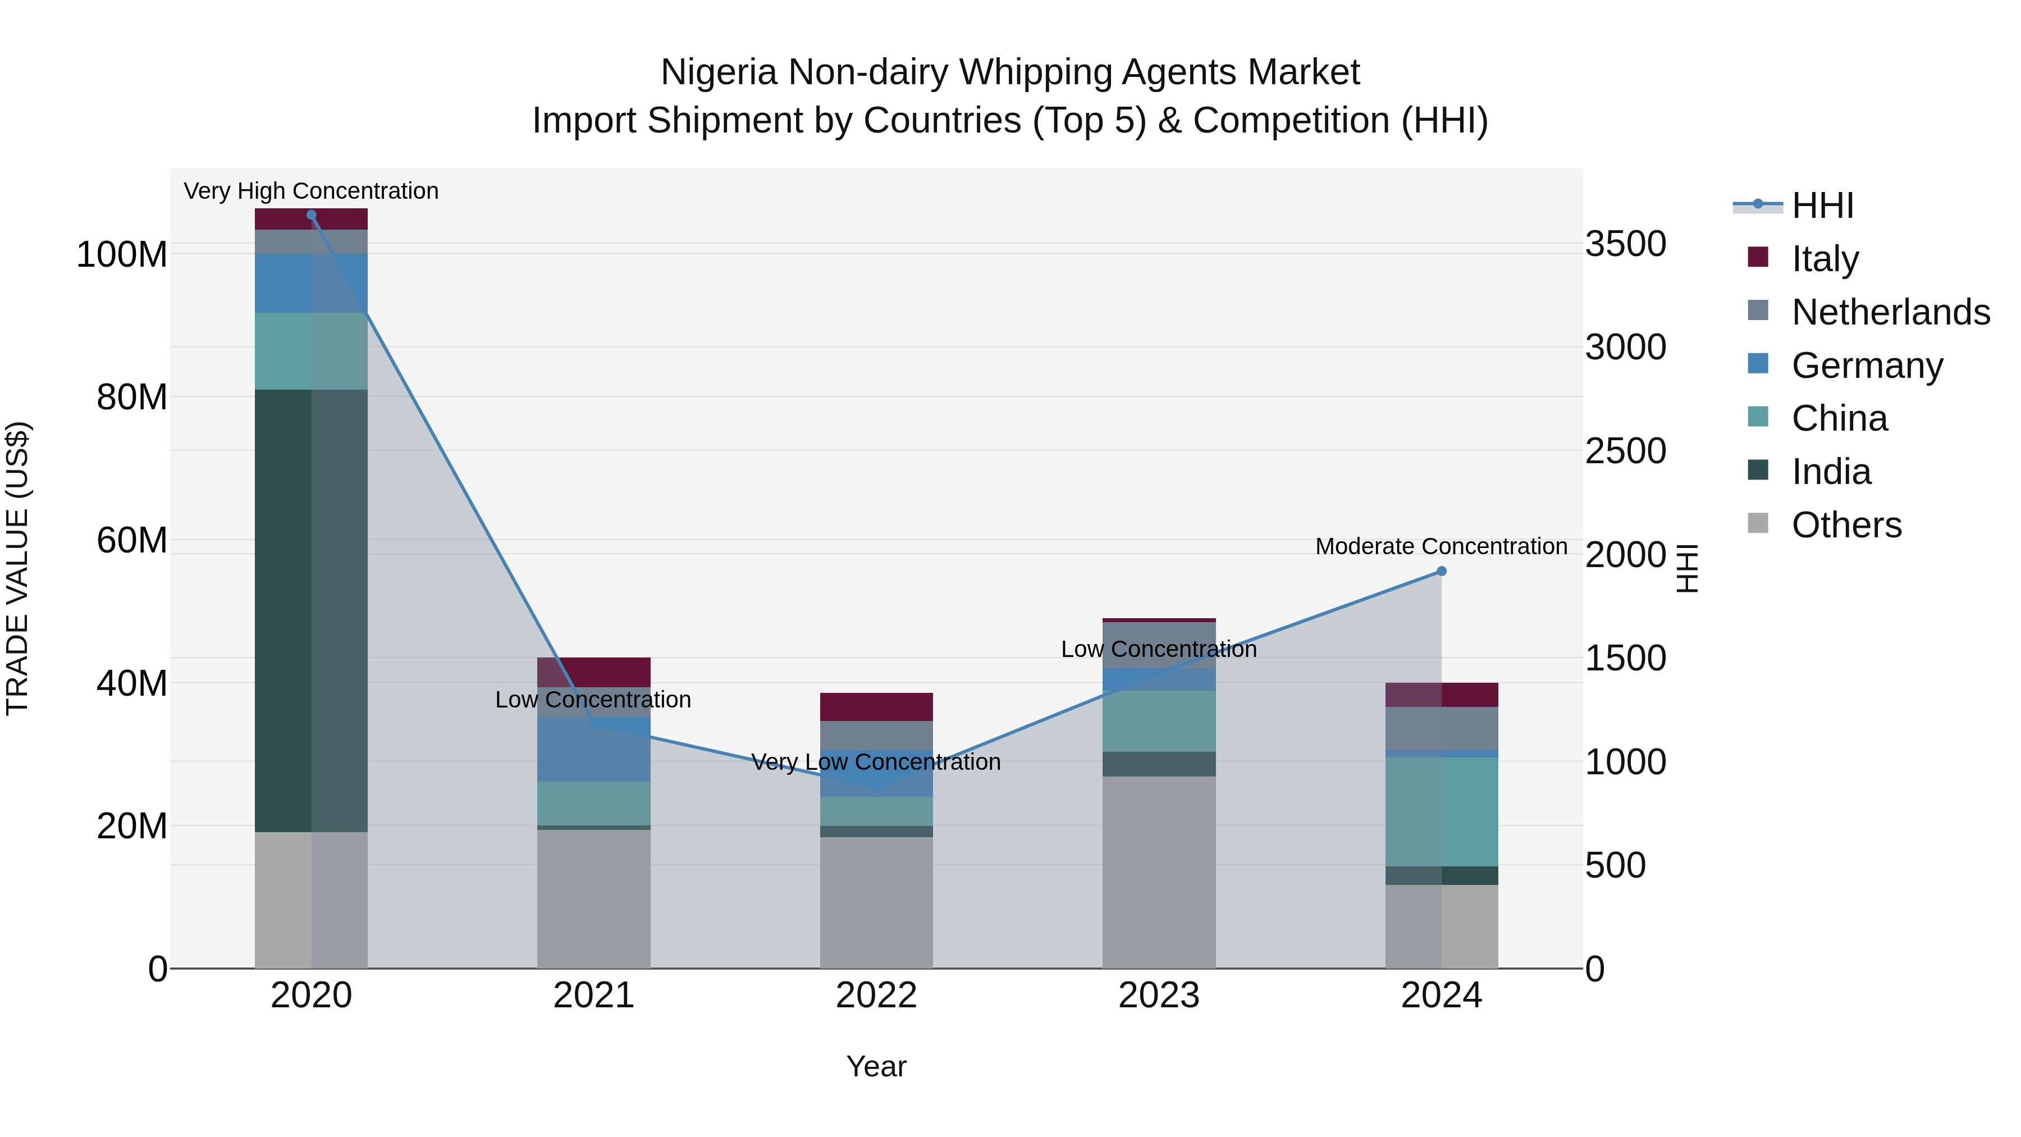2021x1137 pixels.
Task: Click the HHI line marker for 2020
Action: coord(312,215)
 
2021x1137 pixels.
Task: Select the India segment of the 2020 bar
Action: coord(312,610)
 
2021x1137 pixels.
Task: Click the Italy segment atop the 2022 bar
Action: coord(876,707)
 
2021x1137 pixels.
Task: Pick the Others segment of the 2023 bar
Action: coord(1159,873)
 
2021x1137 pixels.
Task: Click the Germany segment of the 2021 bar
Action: coord(594,750)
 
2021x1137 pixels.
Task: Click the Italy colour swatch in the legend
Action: coord(1758,257)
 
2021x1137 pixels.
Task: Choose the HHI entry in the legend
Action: coord(1822,206)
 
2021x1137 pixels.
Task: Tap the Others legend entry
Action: coord(1846,525)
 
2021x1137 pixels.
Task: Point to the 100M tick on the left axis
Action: coord(122,255)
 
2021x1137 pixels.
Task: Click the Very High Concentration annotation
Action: coord(312,191)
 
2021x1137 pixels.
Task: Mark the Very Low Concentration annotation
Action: coord(876,762)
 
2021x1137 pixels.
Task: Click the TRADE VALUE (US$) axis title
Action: coord(17,568)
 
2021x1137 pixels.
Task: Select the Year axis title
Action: coord(876,1066)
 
